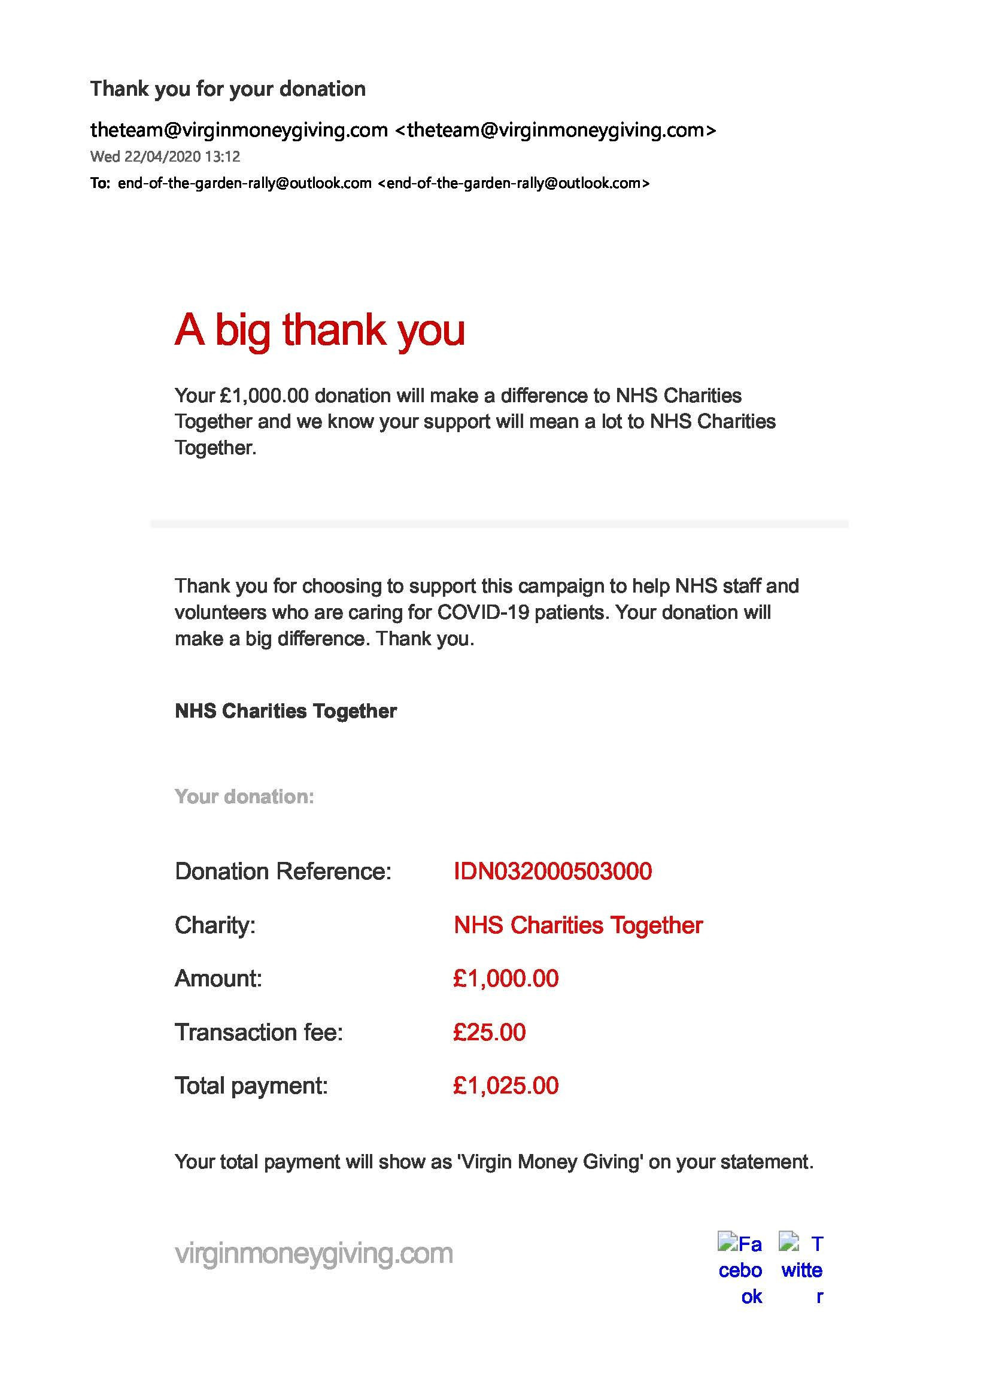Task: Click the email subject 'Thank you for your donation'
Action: (228, 89)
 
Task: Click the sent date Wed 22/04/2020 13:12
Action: (165, 157)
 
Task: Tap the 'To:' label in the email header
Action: (100, 183)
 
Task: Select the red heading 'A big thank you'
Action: (320, 330)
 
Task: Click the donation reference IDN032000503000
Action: (552, 871)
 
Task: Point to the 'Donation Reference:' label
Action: (283, 871)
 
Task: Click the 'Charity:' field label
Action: (215, 925)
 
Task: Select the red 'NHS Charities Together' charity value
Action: (578, 925)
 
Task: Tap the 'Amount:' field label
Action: (218, 979)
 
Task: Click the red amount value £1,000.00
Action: (506, 979)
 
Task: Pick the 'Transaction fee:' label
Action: (259, 1032)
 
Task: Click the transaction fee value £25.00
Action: (490, 1032)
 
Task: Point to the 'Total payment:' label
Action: (251, 1086)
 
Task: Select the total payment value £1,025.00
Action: (506, 1086)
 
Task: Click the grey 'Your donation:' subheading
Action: (244, 796)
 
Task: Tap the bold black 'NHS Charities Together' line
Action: (286, 711)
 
